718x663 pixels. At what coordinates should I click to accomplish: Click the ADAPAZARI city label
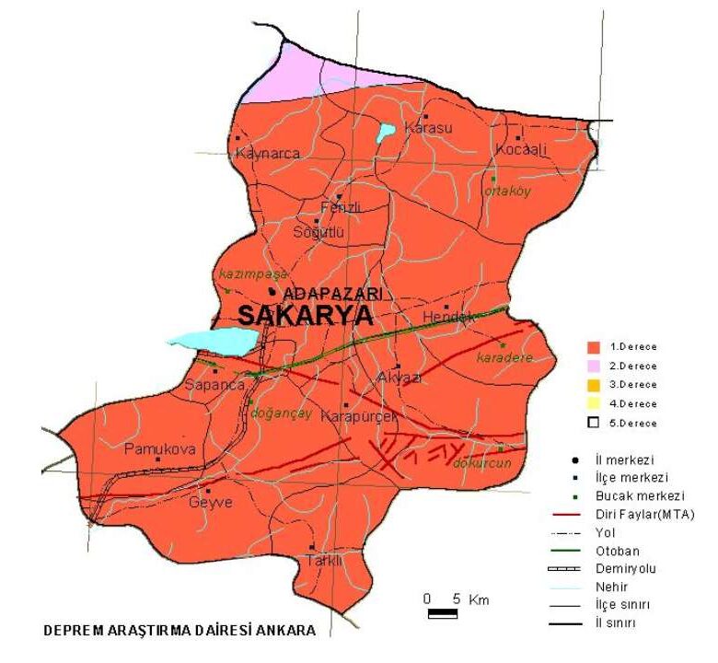pyautogui.click(x=333, y=293)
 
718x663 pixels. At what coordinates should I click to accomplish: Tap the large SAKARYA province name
pyautogui.click(x=305, y=316)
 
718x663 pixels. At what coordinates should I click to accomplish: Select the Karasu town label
pyautogui.click(x=429, y=129)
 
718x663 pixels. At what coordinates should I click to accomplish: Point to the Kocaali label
pyautogui.click(x=521, y=149)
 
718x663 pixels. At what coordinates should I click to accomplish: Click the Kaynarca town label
pyautogui.click(x=268, y=154)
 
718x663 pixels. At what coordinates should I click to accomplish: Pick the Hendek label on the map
pyautogui.click(x=447, y=318)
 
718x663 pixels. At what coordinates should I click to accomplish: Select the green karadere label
pyautogui.click(x=504, y=357)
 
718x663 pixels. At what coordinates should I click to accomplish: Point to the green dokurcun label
pyautogui.click(x=481, y=463)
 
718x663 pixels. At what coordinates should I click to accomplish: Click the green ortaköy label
pyautogui.click(x=508, y=192)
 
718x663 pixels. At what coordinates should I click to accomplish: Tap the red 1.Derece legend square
pyautogui.click(x=594, y=347)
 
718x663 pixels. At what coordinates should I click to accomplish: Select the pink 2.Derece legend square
pyautogui.click(x=594, y=366)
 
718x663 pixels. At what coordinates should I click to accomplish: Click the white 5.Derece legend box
pyautogui.click(x=594, y=422)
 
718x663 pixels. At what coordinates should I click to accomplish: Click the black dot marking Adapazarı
pyautogui.click(x=272, y=292)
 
